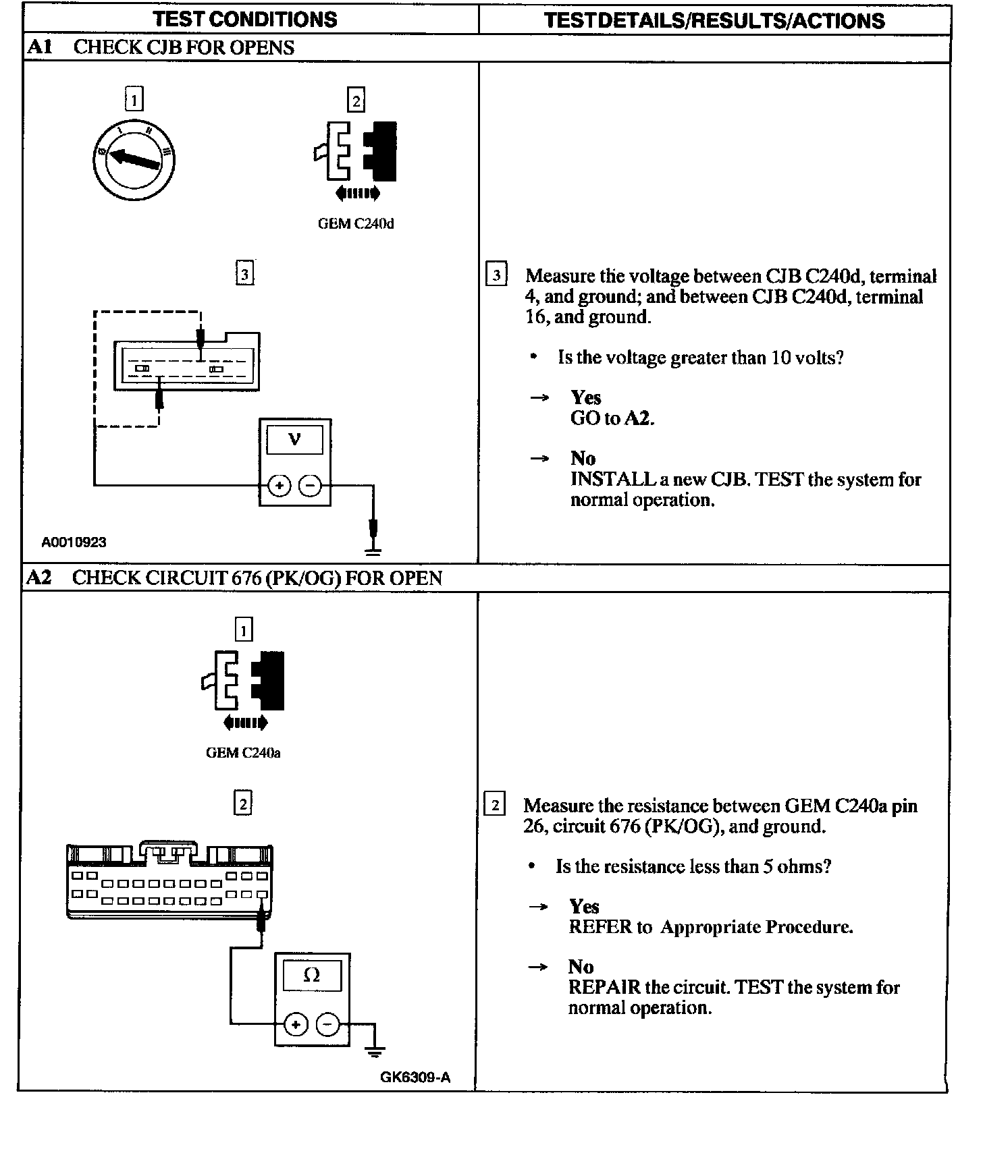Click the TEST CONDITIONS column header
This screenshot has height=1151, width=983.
click(245, 19)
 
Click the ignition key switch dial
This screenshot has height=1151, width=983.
click(134, 160)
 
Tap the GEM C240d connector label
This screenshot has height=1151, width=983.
click(356, 224)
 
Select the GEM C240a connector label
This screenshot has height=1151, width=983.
click(243, 753)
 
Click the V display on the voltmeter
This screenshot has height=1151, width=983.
click(295, 441)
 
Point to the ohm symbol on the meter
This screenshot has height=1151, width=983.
click(312, 975)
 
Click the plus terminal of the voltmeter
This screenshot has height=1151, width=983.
click(280, 485)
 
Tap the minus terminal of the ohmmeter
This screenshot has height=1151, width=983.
click(327, 1025)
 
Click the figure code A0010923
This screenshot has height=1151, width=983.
click(74, 542)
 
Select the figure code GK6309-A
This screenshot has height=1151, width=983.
click(415, 1077)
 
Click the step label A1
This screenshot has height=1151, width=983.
click(40, 47)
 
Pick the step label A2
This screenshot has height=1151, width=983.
click(39, 578)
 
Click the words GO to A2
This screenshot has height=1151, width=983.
click(612, 418)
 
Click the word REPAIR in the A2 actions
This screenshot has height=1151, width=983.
click(604, 988)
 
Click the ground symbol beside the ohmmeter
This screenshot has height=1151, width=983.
click(375, 1050)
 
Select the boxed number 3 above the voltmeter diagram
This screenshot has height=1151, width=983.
click(244, 274)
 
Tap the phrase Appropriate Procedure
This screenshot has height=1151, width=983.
click(756, 927)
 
